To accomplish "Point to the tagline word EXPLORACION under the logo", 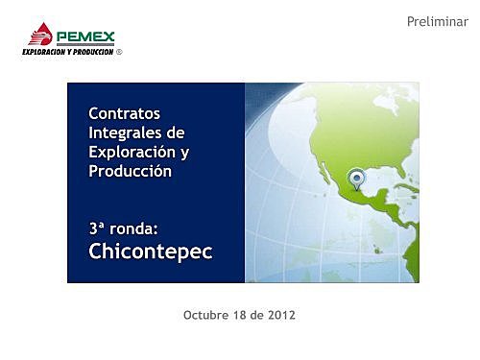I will [42, 52].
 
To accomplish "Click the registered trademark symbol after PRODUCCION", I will [120, 52].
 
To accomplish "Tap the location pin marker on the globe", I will [357, 178].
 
